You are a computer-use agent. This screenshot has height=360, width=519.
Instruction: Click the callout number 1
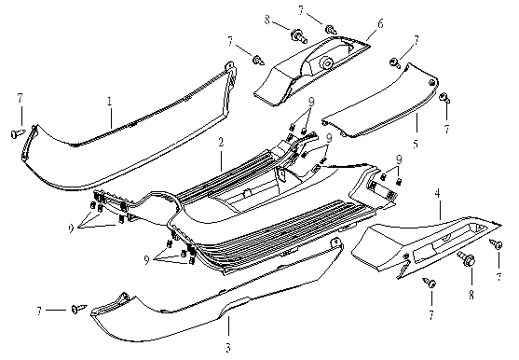[x=110, y=102]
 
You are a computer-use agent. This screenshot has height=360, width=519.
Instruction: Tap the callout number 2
[x=221, y=142]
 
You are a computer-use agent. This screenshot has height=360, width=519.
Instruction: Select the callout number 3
[x=228, y=348]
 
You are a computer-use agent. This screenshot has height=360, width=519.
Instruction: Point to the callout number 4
[x=438, y=193]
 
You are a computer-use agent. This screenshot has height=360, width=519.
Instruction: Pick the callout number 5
[x=416, y=144]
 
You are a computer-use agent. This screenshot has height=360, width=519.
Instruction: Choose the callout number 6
[x=380, y=23]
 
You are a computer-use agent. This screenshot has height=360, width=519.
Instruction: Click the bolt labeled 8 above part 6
[x=299, y=36]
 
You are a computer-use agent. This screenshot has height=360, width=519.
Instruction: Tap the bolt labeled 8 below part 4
[x=467, y=259]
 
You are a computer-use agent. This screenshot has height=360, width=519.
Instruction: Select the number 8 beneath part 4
[x=471, y=295]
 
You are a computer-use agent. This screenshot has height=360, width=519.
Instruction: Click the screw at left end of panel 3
[x=79, y=309]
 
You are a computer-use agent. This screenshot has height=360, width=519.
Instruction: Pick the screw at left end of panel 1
[x=18, y=133]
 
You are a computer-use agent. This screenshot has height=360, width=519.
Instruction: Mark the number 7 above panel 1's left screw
[x=20, y=98]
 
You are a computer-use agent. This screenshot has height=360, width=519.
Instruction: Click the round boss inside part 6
[x=327, y=62]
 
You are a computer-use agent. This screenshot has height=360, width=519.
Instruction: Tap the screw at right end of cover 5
[x=444, y=98]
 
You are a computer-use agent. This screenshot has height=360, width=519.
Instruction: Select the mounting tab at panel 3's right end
[x=337, y=242]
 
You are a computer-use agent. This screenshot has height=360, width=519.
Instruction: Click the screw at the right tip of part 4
[x=496, y=244]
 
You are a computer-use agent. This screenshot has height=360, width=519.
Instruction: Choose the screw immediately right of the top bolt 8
[x=331, y=30]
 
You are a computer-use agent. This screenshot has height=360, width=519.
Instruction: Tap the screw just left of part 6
[x=258, y=61]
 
